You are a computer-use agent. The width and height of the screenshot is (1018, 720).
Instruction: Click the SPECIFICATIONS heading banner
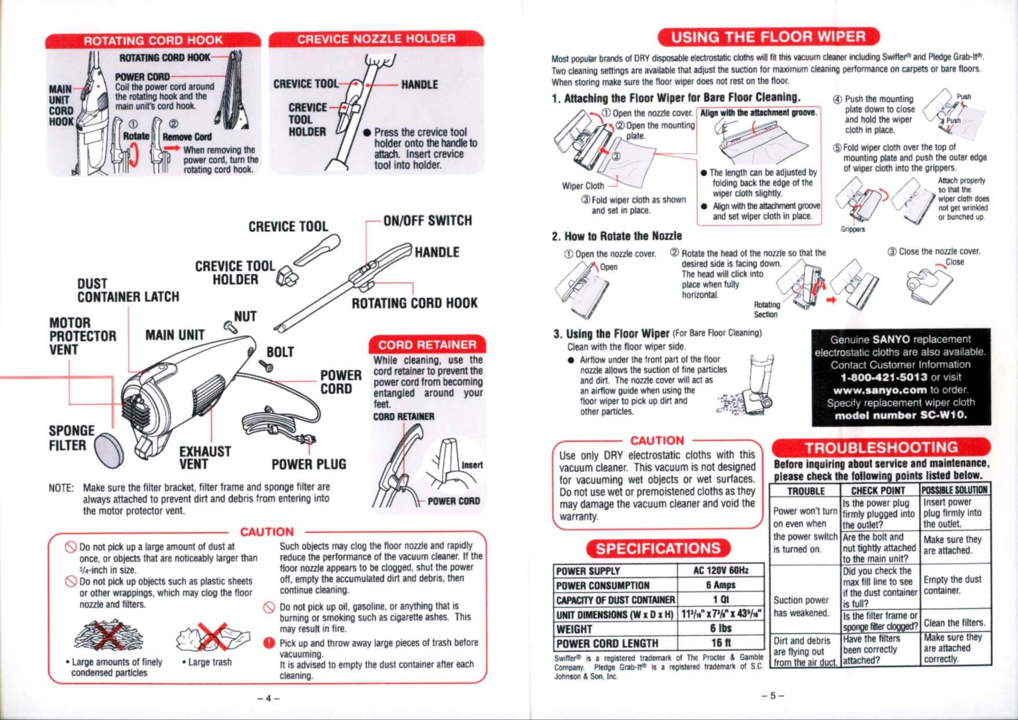click(x=658, y=548)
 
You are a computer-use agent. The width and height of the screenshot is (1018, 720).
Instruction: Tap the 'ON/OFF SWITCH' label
click(x=427, y=221)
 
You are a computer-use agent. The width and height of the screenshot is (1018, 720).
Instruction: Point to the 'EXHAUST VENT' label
click(x=205, y=457)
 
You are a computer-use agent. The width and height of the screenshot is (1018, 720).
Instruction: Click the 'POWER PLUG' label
click(x=309, y=464)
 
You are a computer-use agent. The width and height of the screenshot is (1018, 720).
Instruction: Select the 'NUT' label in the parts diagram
click(x=245, y=317)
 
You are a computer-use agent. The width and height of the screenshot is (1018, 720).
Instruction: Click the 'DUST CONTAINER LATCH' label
click(x=128, y=290)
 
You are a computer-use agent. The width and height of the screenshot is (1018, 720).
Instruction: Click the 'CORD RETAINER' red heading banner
click(x=426, y=345)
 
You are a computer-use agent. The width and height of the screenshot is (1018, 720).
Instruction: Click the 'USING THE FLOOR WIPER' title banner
click(x=769, y=36)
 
